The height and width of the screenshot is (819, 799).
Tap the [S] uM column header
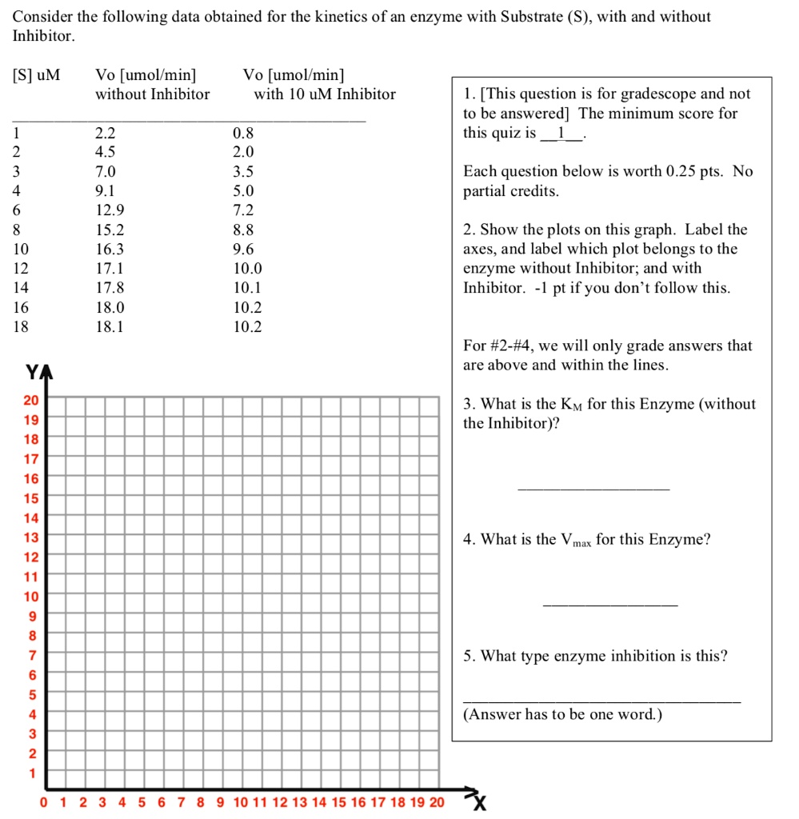36,75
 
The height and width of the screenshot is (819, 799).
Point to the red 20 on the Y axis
31,400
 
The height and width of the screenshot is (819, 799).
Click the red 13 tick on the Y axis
31,537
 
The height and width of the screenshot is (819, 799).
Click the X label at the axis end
479,803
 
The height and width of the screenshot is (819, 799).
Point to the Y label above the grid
32,373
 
